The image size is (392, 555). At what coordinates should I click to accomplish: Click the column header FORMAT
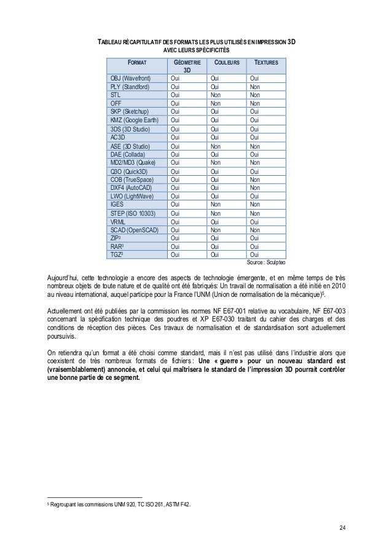(x=138, y=63)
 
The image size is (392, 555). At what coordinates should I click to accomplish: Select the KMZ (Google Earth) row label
(x=134, y=120)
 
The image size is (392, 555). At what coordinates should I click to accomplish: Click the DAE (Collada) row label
(x=128, y=154)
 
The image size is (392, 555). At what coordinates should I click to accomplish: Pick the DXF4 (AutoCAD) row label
(x=131, y=187)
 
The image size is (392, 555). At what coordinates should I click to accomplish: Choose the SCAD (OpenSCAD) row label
(x=134, y=230)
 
